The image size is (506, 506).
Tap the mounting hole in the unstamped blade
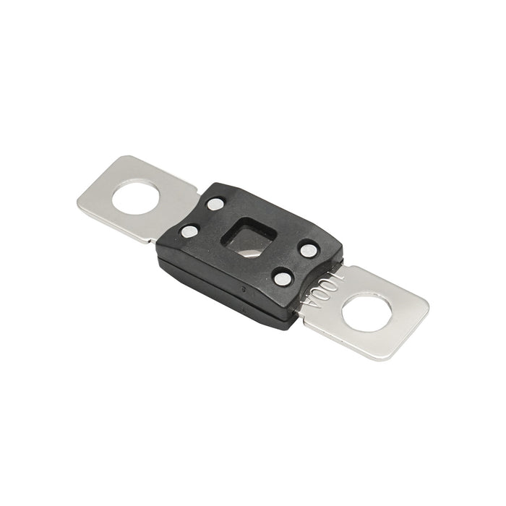coord(137,196)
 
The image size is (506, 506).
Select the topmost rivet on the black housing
coord(215,204)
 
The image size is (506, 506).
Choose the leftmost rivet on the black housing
coord(189,231)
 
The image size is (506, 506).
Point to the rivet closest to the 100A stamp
coord(283,277)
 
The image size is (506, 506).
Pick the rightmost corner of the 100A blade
coord(429,309)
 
